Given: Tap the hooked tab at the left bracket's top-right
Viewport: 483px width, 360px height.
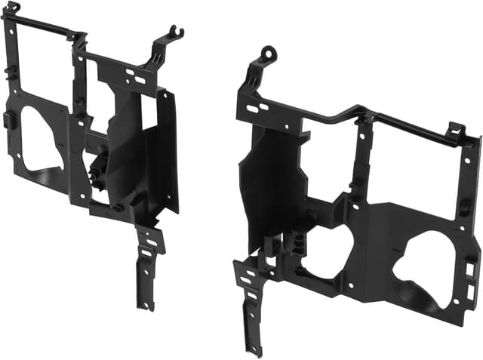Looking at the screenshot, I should pyautogui.click(x=176, y=32).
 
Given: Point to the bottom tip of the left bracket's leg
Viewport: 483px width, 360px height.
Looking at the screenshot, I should pyautogui.click(x=147, y=306).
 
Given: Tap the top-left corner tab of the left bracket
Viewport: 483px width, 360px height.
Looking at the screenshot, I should pyautogui.click(x=12, y=8).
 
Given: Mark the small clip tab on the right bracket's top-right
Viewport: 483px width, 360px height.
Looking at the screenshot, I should pyautogui.click(x=455, y=130).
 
